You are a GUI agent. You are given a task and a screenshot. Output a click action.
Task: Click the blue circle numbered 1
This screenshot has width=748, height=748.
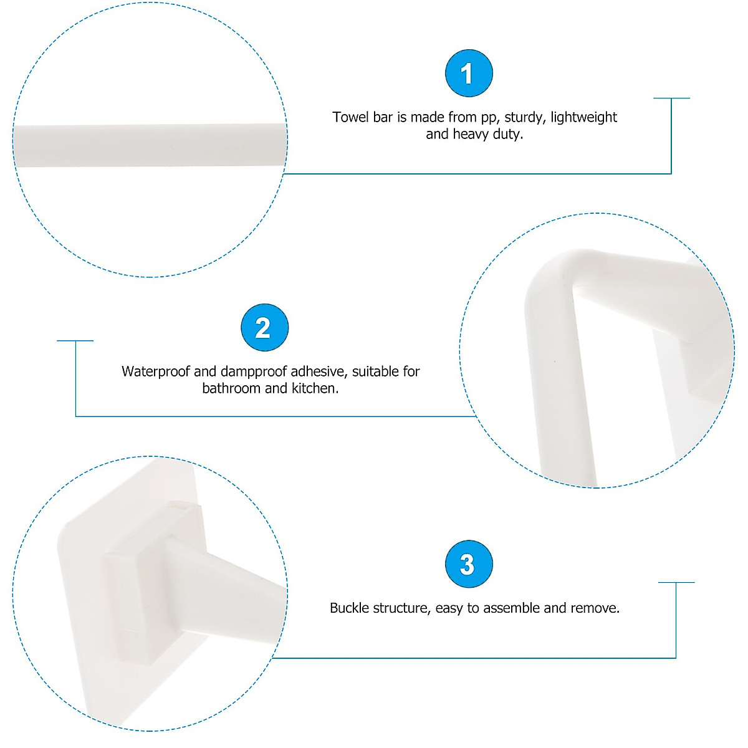(469, 74)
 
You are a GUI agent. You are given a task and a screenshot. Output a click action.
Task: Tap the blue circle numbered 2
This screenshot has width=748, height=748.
(264, 328)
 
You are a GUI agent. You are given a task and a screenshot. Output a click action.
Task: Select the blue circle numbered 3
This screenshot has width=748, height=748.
(469, 564)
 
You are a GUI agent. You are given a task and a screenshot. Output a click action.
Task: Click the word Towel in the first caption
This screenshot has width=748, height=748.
(350, 117)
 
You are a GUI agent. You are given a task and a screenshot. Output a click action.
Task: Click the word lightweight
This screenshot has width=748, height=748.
(583, 117)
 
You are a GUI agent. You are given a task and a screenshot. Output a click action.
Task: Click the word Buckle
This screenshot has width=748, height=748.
(349, 608)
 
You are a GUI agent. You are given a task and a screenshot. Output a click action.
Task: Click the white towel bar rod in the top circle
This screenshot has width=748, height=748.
(150, 145)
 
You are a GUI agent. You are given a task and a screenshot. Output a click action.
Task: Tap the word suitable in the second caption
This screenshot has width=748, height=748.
(376, 372)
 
